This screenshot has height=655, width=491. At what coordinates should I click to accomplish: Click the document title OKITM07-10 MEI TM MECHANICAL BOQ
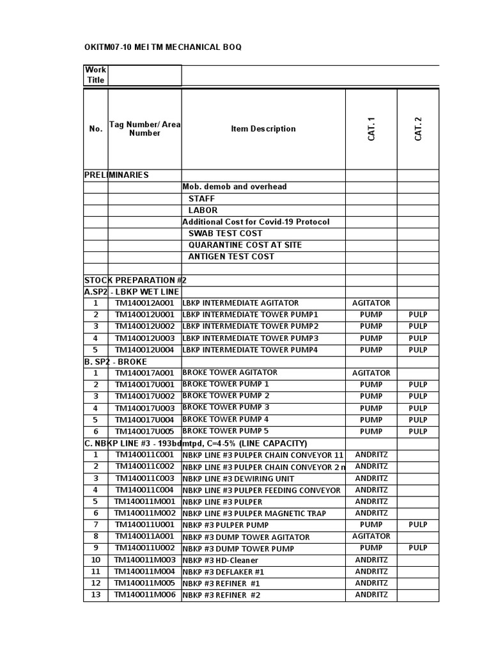[x=163, y=47]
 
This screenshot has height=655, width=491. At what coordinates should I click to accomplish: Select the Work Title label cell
[x=96, y=75]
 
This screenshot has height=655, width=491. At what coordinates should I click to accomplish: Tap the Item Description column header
[x=263, y=129]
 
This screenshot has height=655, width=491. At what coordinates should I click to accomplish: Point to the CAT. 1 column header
[x=371, y=129]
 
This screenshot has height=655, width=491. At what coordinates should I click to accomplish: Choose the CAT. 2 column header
[x=418, y=129]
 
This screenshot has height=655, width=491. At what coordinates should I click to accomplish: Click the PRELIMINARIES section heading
[x=116, y=175]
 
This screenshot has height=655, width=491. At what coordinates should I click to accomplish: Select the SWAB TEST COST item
[x=225, y=233]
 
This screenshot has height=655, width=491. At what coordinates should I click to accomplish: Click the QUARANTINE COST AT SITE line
[x=245, y=245]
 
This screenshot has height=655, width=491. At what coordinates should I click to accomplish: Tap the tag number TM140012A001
[x=144, y=303]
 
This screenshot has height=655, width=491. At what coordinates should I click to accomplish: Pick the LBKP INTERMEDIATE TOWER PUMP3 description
[x=250, y=338]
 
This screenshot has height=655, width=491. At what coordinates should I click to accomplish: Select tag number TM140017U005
[x=144, y=431]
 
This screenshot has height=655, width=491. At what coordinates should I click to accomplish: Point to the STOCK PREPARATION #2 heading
[x=135, y=280]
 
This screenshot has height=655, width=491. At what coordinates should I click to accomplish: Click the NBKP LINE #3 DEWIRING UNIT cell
[x=238, y=478]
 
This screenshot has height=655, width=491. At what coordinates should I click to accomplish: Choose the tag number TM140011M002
[x=144, y=513]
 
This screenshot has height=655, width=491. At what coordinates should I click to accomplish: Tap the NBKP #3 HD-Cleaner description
[x=221, y=560]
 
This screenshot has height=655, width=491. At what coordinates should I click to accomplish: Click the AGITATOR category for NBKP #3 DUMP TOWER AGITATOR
[x=371, y=536]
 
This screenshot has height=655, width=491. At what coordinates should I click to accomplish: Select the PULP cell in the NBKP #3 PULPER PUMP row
[x=418, y=525]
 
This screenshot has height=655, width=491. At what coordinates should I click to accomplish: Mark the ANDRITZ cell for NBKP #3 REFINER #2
[x=371, y=595]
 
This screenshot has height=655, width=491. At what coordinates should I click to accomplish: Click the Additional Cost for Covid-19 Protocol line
[x=256, y=222]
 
